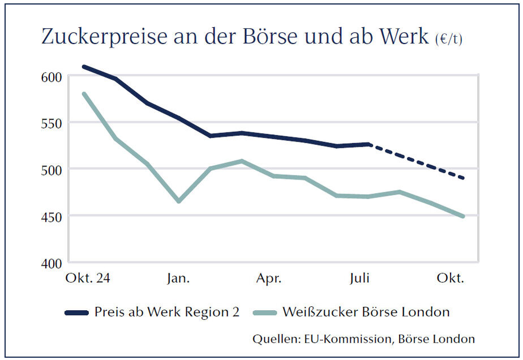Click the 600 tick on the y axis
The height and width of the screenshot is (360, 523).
point(50,76)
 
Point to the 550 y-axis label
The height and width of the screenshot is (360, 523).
point(50,123)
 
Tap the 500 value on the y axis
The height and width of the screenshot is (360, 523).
point(50,169)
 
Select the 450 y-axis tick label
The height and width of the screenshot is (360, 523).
point(50,216)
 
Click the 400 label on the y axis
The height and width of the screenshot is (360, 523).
point(50,263)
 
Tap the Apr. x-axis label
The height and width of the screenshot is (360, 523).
point(269,278)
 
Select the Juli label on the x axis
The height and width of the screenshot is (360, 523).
point(360,278)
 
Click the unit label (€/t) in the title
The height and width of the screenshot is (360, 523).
point(448,40)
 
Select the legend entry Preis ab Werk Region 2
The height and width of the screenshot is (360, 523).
point(167,312)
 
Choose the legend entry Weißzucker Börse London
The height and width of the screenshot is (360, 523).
point(366,312)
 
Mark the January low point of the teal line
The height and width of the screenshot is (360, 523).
point(179,201)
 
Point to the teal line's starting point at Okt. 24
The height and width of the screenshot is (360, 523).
point(84,93)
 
